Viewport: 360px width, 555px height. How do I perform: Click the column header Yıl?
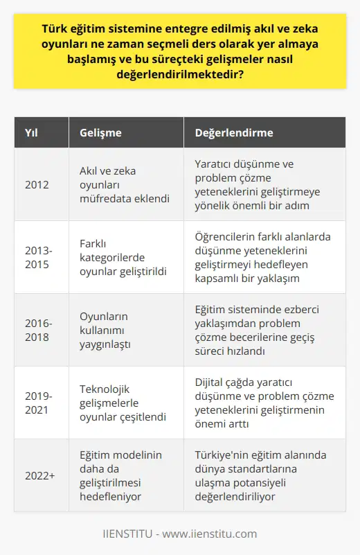[30, 132]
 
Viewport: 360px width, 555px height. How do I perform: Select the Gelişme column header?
[100, 132]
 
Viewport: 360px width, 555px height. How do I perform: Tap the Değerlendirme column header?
[233, 132]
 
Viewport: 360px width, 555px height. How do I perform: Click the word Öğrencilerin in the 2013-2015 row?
[228, 236]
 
